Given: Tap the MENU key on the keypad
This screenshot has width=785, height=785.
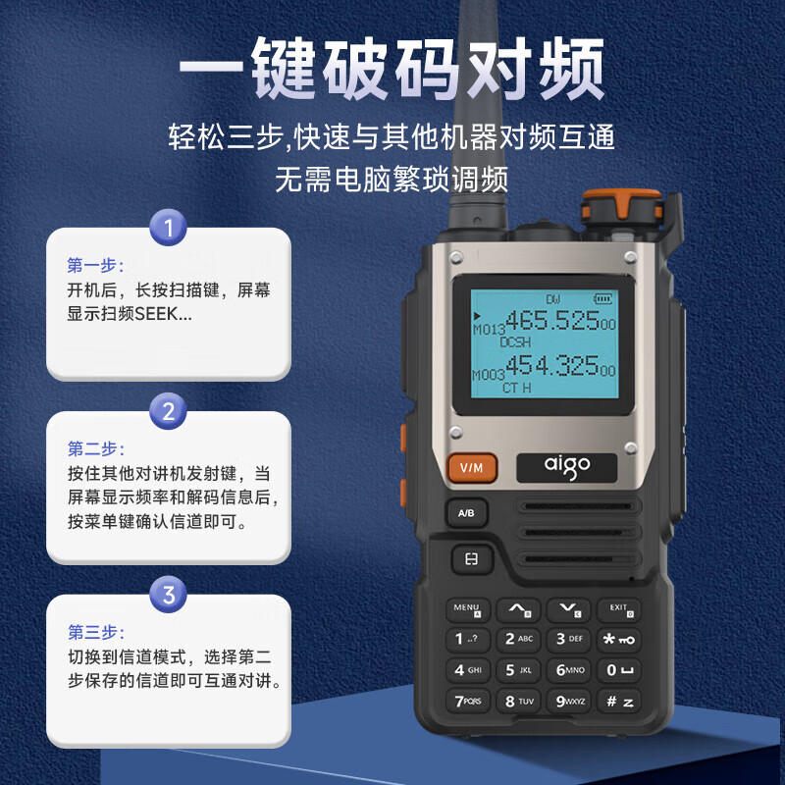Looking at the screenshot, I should [467, 609].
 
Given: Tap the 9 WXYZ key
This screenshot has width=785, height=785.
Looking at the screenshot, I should [570, 702].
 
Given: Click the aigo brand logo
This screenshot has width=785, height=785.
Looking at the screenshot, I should [567, 467].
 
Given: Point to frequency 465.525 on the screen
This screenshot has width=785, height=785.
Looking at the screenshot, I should [551, 321].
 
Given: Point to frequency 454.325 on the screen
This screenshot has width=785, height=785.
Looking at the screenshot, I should [551, 366].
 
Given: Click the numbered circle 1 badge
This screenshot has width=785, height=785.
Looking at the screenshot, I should [168, 230].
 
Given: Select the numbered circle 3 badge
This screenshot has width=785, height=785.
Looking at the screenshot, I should [168, 595].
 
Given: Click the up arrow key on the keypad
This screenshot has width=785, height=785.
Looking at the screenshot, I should [517, 609].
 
